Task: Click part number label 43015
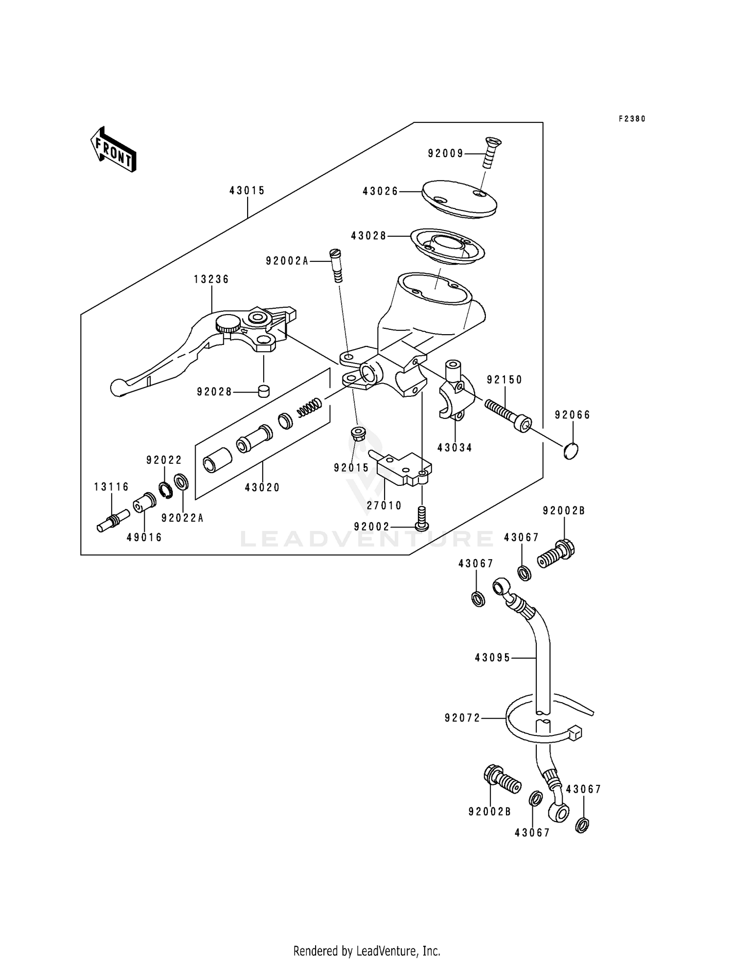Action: pyautogui.click(x=247, y=191)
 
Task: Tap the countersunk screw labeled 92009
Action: pyautogui.click(x=490, y=153)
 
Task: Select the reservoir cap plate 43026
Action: pyautogui.click(x=459, y=199)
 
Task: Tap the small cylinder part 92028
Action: pyautogui.click(x=264, y=391)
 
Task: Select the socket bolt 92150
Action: pyautogui.click(x=509, y=414)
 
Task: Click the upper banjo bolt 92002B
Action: pyautogui.click(x=556, y=554)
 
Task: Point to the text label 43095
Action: pyautogui.click(x=492, y=658)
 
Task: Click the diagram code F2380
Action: pyautogui.click(x=632, y=119)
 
